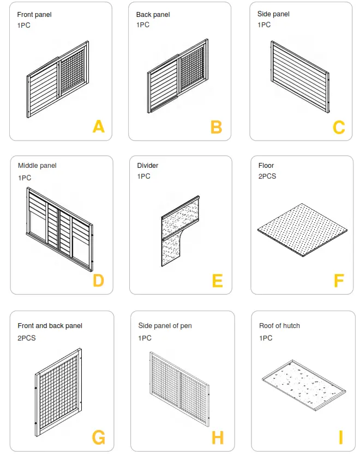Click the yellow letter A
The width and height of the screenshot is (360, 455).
tap(98, 127)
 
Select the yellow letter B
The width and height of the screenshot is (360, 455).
tap(216, 127)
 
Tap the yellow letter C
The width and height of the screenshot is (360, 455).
tap(339, 128)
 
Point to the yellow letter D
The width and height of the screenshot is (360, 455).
tap(98, 281)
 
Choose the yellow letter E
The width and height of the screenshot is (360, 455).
tap(217, 281)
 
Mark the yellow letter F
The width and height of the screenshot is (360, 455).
tap(339, 281)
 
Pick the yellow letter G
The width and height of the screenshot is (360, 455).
tap(98, 438)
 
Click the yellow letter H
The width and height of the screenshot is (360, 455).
tap(217, 438)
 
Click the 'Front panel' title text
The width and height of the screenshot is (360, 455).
tap(34, 15)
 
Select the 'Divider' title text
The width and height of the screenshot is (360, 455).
tap(148, 166)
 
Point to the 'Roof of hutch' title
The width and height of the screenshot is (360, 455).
tap(279, 326)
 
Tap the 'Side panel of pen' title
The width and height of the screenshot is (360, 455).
tap(165, 326)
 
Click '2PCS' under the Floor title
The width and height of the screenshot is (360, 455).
tap(267, 177)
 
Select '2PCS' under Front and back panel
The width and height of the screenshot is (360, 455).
tap(27, 338)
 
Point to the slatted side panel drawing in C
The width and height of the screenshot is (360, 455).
tap(300, 76)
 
